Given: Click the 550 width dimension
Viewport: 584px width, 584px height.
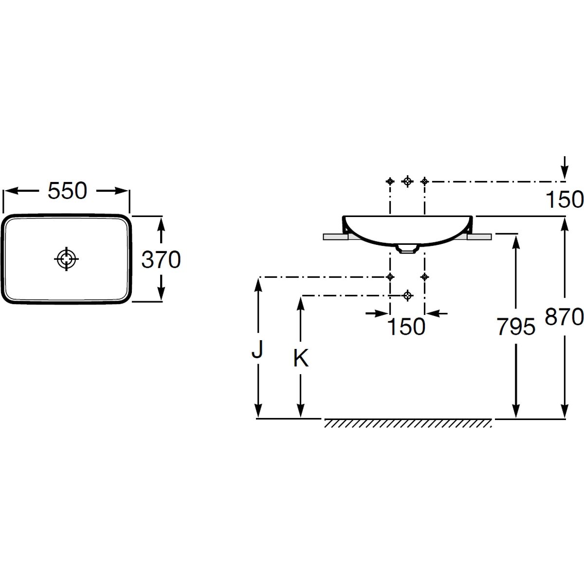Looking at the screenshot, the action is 67,191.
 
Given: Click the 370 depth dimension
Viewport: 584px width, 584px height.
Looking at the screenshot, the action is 161,259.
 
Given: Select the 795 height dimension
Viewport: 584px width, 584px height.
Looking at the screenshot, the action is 516,327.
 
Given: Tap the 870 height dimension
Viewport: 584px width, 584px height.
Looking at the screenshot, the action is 564,317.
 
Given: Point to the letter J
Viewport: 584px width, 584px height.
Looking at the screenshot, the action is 257,349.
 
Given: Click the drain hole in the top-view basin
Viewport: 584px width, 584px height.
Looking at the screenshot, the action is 66,259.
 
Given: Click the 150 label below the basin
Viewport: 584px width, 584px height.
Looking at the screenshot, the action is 406,327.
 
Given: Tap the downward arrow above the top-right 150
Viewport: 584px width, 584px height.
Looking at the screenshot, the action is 565,167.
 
